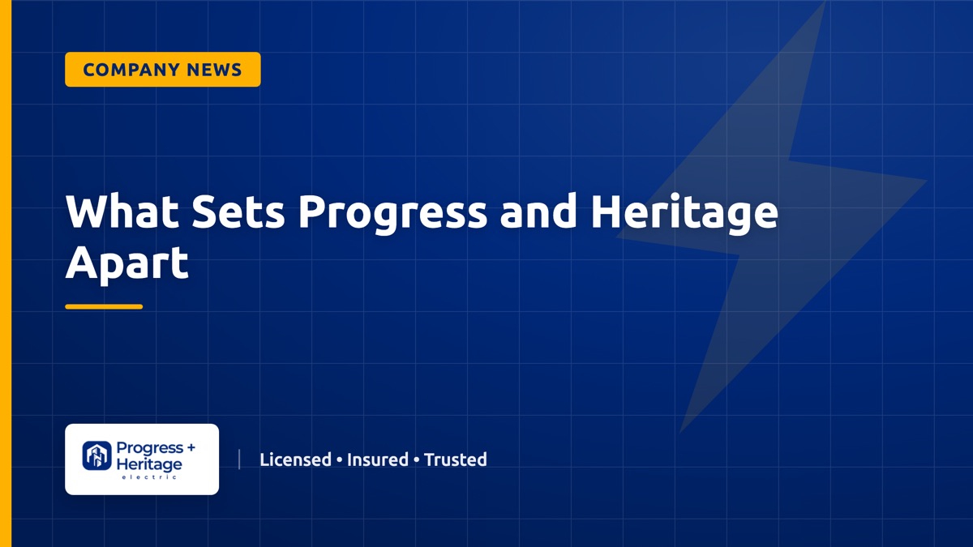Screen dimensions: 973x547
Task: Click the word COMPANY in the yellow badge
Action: point(131,70)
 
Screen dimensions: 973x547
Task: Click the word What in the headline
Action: point(122,211)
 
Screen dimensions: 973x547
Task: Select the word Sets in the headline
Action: point(238,211)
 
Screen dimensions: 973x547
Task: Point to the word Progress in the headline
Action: point(392,214)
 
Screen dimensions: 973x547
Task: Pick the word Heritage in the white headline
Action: point(684,214)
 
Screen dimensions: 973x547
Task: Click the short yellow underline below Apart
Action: point(104,306)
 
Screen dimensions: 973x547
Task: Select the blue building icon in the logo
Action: point(96,455)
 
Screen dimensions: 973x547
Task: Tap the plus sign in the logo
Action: point(191,447)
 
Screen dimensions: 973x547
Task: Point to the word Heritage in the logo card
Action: point(149,464)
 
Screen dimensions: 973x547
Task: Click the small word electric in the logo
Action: point(149,477)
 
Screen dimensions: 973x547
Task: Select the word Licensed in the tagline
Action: point(295,459)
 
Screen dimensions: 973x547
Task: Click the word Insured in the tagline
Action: point(378,459)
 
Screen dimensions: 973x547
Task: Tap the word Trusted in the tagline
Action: point(455,459)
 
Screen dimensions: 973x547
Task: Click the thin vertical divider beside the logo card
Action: point(239,459)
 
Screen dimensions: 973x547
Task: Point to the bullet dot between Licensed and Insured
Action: point(339,459)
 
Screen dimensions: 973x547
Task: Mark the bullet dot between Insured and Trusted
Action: point(417,459)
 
